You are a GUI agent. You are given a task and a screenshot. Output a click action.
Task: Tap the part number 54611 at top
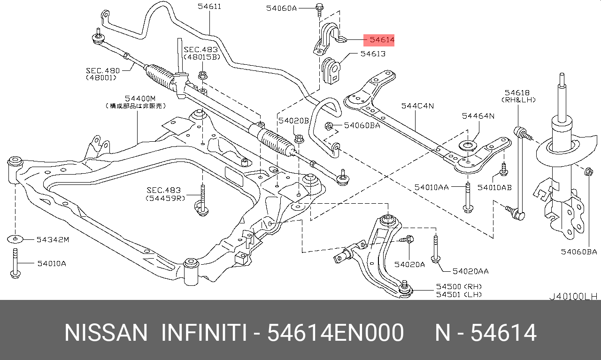(x=209, y=7)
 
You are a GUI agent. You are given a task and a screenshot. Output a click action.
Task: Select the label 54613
(x=373, y=54)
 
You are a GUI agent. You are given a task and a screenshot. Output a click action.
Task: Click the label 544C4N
(x=417, y=106)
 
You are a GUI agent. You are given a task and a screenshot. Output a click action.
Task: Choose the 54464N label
(x=478, y=116)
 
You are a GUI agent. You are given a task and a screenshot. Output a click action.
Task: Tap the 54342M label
(x=53, y=240)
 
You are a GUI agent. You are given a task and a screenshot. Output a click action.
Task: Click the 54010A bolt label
(x=52, y=263)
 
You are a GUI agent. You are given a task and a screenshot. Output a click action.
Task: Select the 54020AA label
(x=470, y=271)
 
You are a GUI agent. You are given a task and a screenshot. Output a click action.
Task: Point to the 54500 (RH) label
(x=459, y=286)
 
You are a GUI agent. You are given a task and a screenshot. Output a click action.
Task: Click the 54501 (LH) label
(x=459, y=294)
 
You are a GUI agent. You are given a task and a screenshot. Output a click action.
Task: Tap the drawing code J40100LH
(x=573, y=297)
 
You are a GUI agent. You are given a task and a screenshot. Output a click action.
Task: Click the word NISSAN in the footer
(x=106, y=333)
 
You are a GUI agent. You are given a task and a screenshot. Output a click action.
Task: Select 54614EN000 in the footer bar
(x=335, y=333)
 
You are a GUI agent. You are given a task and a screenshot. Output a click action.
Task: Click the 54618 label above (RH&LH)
(x=517, y=93)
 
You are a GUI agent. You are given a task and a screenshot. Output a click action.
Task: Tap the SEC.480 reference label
(x=103, y=70)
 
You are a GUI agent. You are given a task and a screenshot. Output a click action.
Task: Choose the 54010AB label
(x=494, y=187)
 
